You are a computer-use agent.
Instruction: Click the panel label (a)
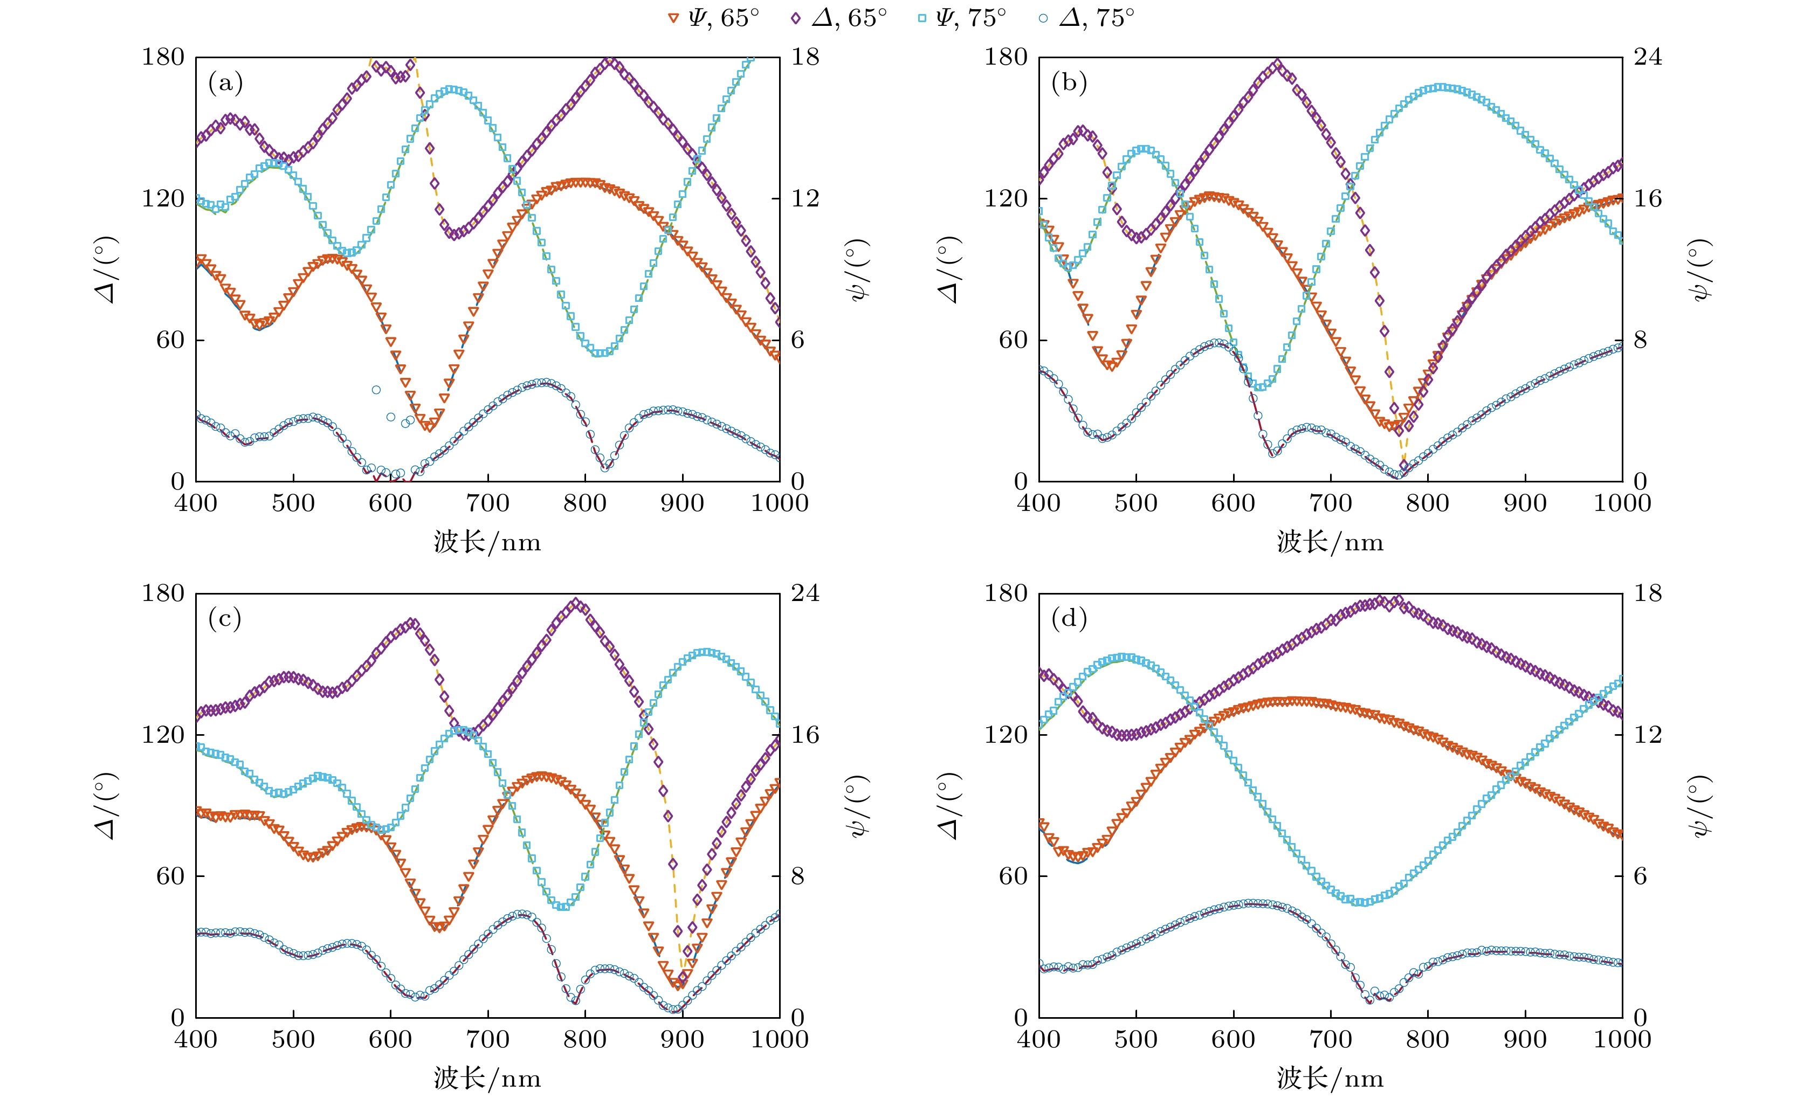pos(225,82)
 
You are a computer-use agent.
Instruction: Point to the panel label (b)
pos(1069,82)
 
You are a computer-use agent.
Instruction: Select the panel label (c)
pos(225,619)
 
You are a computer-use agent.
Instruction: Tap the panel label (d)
pos(1069,619)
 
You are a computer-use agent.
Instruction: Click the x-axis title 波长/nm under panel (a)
pos(487,542)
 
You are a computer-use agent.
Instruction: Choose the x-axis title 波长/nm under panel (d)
pos(1330,1078)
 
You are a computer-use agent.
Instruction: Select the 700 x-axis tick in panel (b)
pos(1330,503)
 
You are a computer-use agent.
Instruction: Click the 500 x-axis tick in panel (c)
pos(293,1039)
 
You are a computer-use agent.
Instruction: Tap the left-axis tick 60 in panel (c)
pos(170,875)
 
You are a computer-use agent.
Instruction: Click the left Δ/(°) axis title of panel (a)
pos(107,270)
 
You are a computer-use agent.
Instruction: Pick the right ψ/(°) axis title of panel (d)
pos(1700,805)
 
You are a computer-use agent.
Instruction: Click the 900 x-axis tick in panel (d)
pos(1525,1039)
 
